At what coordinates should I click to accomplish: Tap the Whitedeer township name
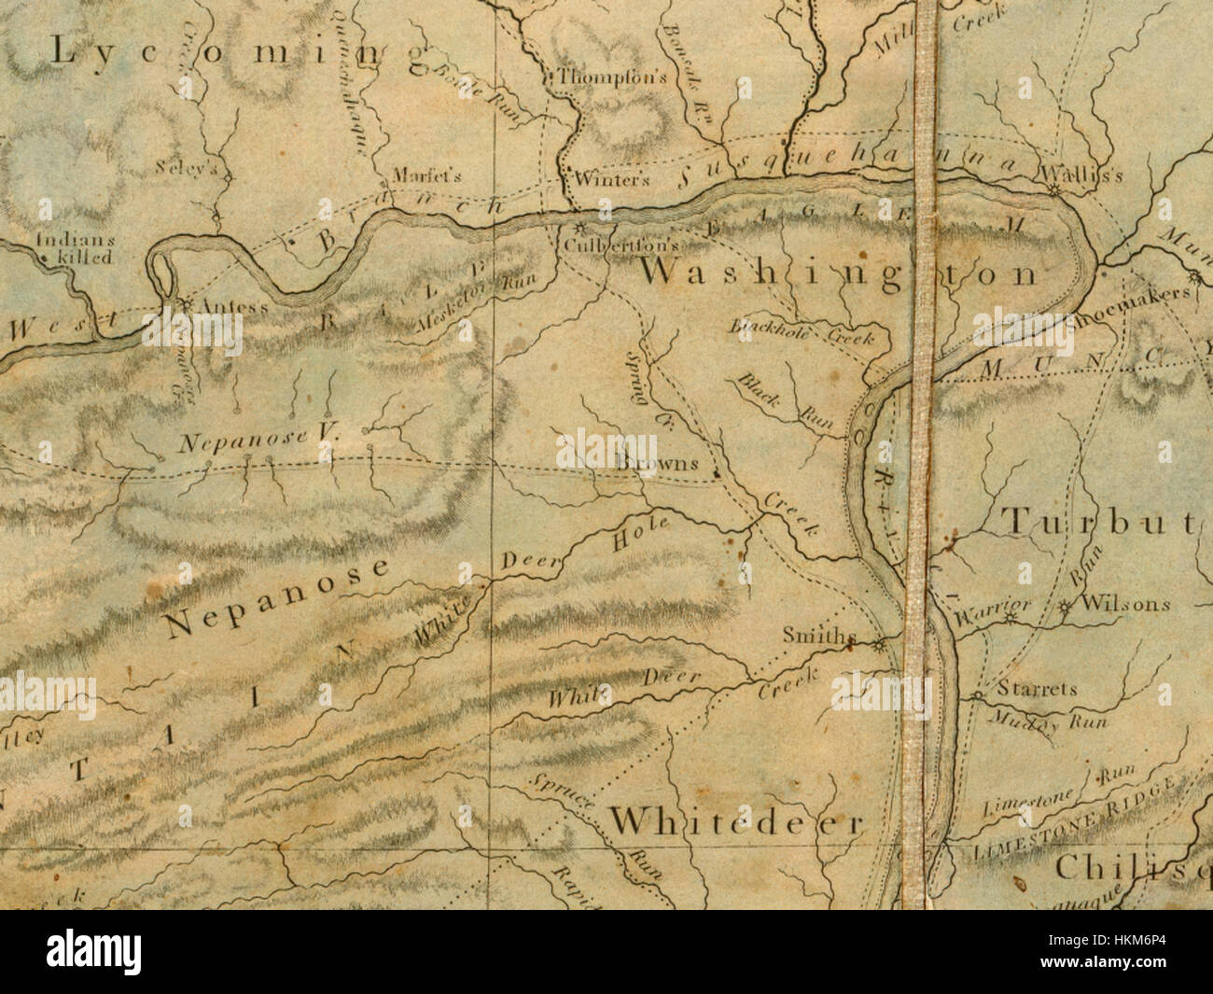pos(737,822)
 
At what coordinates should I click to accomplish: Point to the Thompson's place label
pos(612,78)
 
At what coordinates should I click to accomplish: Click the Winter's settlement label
pos(612,179)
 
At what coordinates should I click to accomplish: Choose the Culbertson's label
pos(620,245)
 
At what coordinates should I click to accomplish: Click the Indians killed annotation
pos(74,247)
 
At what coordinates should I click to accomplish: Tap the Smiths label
pos(818,637)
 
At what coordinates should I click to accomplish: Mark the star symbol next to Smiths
pos(881,643)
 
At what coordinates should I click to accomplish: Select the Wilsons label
pos(1124,604)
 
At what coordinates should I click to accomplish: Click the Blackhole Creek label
pos(802,331)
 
